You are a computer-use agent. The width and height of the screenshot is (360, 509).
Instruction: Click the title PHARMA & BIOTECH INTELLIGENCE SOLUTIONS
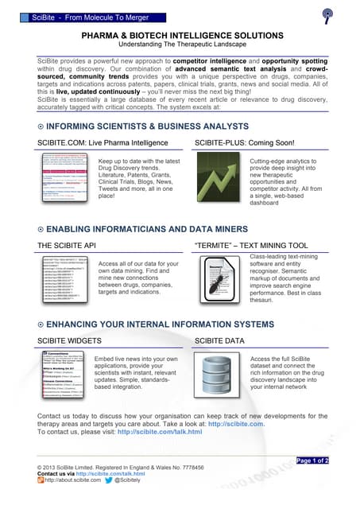tap(180, 36)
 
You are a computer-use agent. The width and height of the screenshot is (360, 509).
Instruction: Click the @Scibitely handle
tap(130, 480)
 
